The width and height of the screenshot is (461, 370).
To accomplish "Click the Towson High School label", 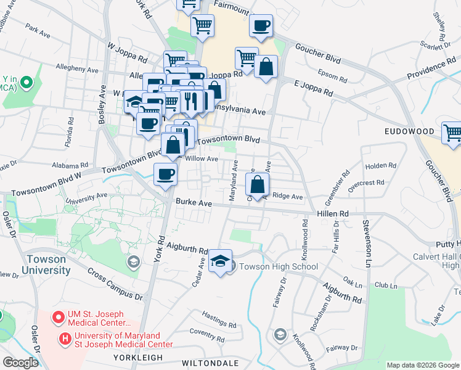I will [x=278, y=267].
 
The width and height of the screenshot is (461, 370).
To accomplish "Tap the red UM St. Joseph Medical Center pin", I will [x=58, y=318].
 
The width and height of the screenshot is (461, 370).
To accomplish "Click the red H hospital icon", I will [x=65, y=339].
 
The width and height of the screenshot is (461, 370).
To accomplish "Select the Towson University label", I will [x=46, y=265].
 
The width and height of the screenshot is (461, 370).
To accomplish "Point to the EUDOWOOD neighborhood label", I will [x=406, y=132].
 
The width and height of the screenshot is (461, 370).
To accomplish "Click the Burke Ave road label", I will [x=194, y=202].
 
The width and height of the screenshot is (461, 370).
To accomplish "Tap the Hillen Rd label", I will [x=333, y=213].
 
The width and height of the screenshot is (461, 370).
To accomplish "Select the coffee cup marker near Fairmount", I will [x=261, y=26].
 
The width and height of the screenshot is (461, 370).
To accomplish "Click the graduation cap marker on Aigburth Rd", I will [x=220, y=261].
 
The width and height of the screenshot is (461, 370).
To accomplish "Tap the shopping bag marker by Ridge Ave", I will [x=257, y=183].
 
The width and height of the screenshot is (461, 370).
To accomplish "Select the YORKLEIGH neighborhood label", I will [x=137, y=358].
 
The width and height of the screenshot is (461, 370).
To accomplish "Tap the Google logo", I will [x=20, y=362].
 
